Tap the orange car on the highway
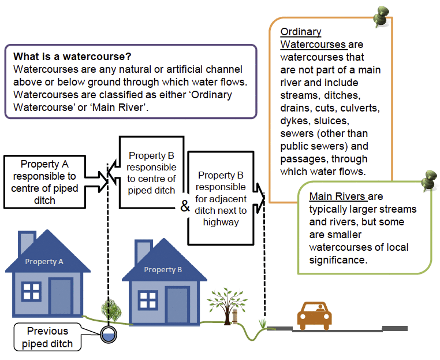pyautogui.click(x=315, y=315)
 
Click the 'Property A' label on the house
pyautogui.click(x=44, y=262)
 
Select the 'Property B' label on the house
pyautogui.click(x=163, y=270)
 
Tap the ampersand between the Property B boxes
pyautogui.click(x=185, y=206)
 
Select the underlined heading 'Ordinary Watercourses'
pyautogui.click(x=312, y=38)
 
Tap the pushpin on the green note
pyautogui.click(x=429, y=181)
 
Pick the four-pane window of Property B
pyautogui.click(x=148, y=300)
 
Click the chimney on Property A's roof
pyautogui.click(x=26, y=243)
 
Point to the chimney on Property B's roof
pyautogui.click(x=143, y=251)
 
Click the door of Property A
pyautogui.click(x=61, y=297)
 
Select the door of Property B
pyautogui.click(x=177, y=304)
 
